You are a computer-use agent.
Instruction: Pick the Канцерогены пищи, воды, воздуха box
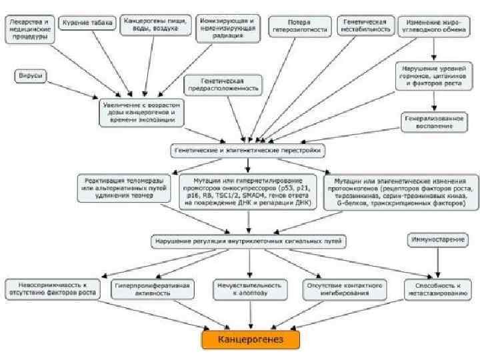pos(155,25)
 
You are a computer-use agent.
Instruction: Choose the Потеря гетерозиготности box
pos(298,27)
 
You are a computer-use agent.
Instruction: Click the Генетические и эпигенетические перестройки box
pos(248,151)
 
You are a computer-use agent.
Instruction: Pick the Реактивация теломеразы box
pos(127,187)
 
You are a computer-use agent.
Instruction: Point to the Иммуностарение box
pos(437,238)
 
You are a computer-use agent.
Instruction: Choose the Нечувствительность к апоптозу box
pos(248,288)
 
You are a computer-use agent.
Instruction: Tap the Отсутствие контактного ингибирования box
pos(344,288)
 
